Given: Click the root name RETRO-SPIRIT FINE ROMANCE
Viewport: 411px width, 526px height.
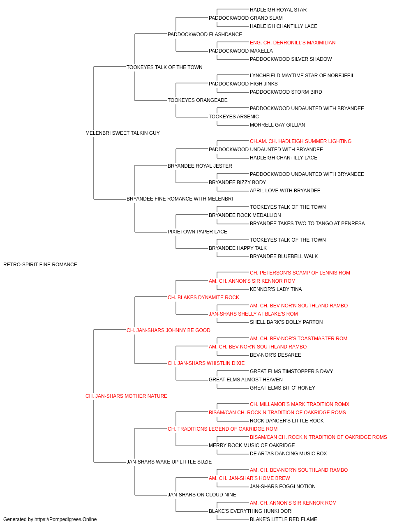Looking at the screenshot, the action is click(40, 265).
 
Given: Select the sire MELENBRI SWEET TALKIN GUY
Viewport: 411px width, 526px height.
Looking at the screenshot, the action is click(122, 133).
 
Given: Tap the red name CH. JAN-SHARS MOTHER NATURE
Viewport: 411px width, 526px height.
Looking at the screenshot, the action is click(126, 396).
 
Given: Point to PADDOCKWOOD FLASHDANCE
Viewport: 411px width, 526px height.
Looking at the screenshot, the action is click(205, 35).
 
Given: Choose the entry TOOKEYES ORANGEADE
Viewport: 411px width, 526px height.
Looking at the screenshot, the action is click(198, 100).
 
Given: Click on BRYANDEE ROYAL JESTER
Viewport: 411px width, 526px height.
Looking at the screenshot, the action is click(200, 166).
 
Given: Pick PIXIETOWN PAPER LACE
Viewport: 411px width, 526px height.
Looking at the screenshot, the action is click(197, 232).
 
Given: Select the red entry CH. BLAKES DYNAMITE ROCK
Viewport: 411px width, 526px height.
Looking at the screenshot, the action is click(203, 298).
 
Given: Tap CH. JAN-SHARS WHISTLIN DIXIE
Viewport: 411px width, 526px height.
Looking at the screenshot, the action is click(206, 363).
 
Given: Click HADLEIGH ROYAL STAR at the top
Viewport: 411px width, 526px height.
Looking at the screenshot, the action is click(278, 10).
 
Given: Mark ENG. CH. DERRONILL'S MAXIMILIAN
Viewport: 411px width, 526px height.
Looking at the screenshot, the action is click(293, 43).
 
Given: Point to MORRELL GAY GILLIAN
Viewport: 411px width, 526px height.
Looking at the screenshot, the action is click(277, 125).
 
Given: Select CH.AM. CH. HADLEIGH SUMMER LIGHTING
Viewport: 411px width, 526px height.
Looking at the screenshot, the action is click(300, 141).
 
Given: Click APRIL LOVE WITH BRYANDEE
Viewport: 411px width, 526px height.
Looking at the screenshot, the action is click(285, 191).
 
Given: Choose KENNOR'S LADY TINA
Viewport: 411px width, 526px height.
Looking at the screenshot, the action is click(276, 289).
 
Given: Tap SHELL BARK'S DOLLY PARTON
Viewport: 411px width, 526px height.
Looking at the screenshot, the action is click(286, 322).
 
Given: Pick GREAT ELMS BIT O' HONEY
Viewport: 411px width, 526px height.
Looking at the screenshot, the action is click(282, 388).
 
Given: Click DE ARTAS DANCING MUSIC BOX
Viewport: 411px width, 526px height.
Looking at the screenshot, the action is click(288, 454).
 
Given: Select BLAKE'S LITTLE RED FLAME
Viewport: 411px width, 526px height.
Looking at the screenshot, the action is click(284, 519).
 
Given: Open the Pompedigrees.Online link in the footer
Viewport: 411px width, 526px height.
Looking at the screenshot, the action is click(66, 519).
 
